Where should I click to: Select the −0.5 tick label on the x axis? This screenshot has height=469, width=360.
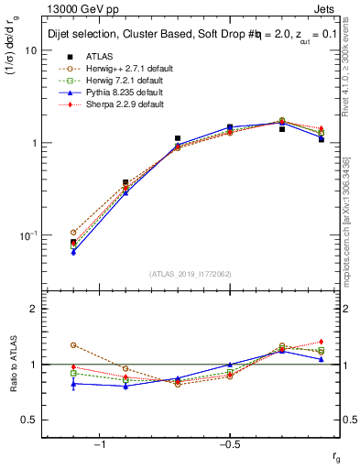pyautogui.click(x=229, y=444)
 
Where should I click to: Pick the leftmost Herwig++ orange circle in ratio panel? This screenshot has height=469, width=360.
pyautogui.click(x=73, y=345)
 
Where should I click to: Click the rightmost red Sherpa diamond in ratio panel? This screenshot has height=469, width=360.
pyautogui.click(x=322, y=342)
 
